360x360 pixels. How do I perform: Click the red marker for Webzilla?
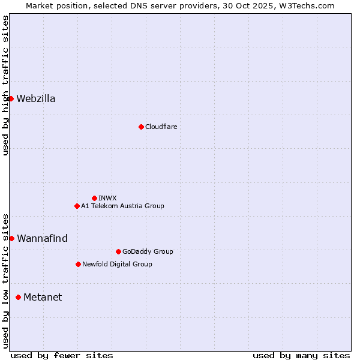pos(11,98)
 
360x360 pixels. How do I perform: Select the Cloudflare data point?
pos(141,127)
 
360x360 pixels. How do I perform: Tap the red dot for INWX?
pos(94,198)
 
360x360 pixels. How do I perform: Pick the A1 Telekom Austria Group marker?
pos(77,206)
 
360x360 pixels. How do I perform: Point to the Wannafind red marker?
pos(11,238)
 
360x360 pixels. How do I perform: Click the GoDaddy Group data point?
pos(118,251)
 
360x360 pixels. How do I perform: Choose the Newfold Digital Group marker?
pos(78,264)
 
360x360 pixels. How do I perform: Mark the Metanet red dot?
pos(18,297)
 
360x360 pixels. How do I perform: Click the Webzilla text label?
pos(36,99)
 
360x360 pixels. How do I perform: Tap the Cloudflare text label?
pos(161,127)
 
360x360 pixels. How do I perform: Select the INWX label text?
pos(108,198)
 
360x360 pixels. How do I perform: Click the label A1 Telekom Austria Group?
pos(122,206)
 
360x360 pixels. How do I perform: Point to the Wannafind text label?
pos(42,239)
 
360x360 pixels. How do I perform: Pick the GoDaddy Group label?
pos(148,251)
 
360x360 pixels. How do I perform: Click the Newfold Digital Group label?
pos(117,264)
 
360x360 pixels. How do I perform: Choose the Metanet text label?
pos(43,298)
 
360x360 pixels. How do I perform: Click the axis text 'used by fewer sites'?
pos(62,355)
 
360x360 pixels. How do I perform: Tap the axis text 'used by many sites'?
pos(301,355)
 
